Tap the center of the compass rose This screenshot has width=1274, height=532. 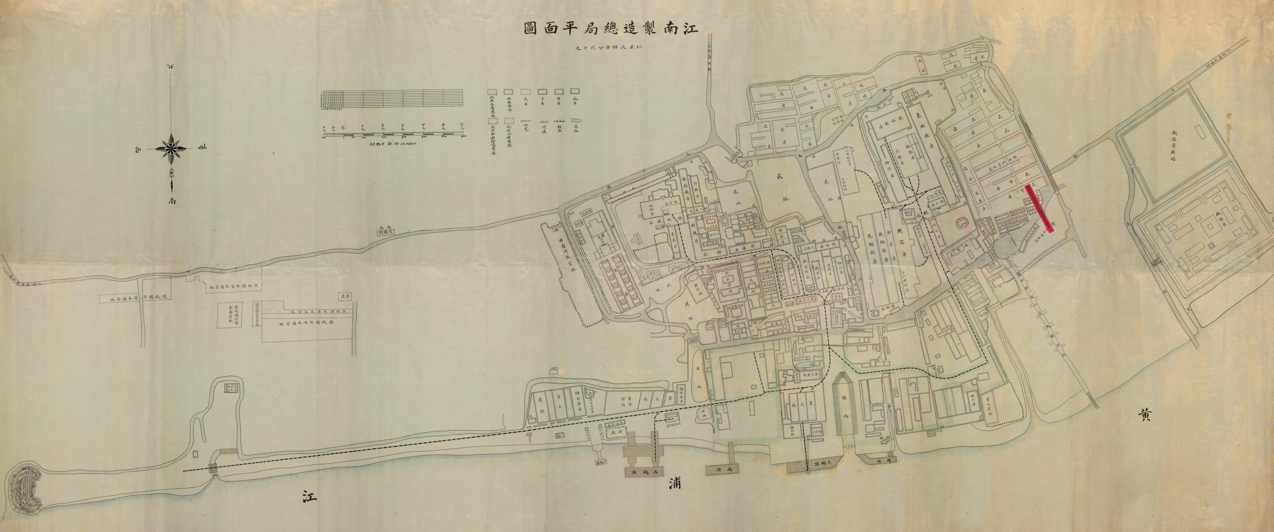(x=172, y=147)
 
